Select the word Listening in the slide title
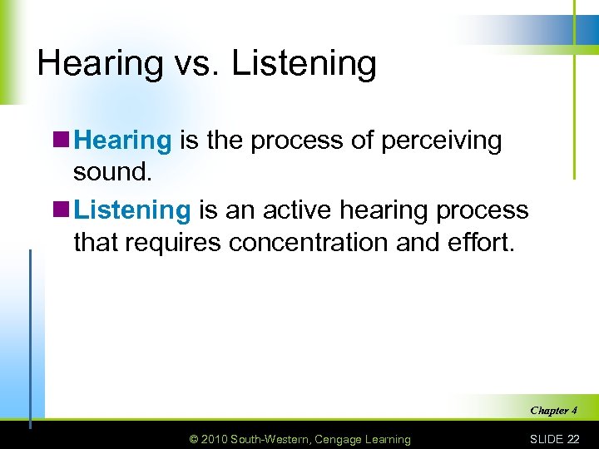[304, 64]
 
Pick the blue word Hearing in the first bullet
[123, 141]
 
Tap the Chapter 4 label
[553, 410]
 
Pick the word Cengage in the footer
[349, 439]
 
